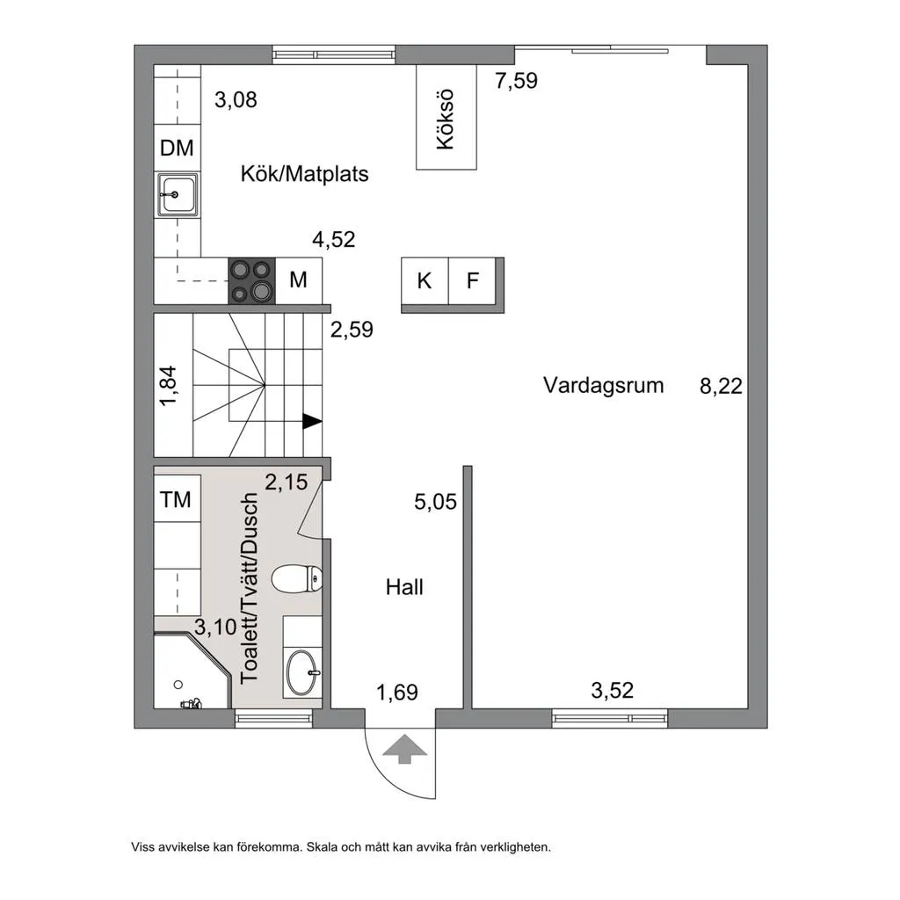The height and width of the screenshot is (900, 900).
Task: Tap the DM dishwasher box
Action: [x=177, y=149]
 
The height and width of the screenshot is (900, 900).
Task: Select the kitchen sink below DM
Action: [x=178, y=193]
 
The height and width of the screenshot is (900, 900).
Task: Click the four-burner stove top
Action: [x=251, y=281]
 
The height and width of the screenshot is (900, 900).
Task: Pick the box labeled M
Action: [x=299, y=280]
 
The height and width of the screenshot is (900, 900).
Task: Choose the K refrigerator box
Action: [x=425, y=281]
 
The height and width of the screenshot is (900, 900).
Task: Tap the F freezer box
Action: [x=473, y=281]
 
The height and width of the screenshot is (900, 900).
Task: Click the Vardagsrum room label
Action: [x=603, y=385]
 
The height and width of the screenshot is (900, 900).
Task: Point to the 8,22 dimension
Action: [x=721, y=385]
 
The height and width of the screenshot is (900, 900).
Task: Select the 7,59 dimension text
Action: [x=516, y=82]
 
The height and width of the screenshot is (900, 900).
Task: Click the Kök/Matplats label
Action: [x=305, y=174]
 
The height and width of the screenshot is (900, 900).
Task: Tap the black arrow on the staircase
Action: [x=311, y=421]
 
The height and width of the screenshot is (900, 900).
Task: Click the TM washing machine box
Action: [x=176, y=500]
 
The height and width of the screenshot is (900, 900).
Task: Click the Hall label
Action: [x=404, y=586]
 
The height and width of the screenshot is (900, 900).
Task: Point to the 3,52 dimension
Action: [x=612, y=691]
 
